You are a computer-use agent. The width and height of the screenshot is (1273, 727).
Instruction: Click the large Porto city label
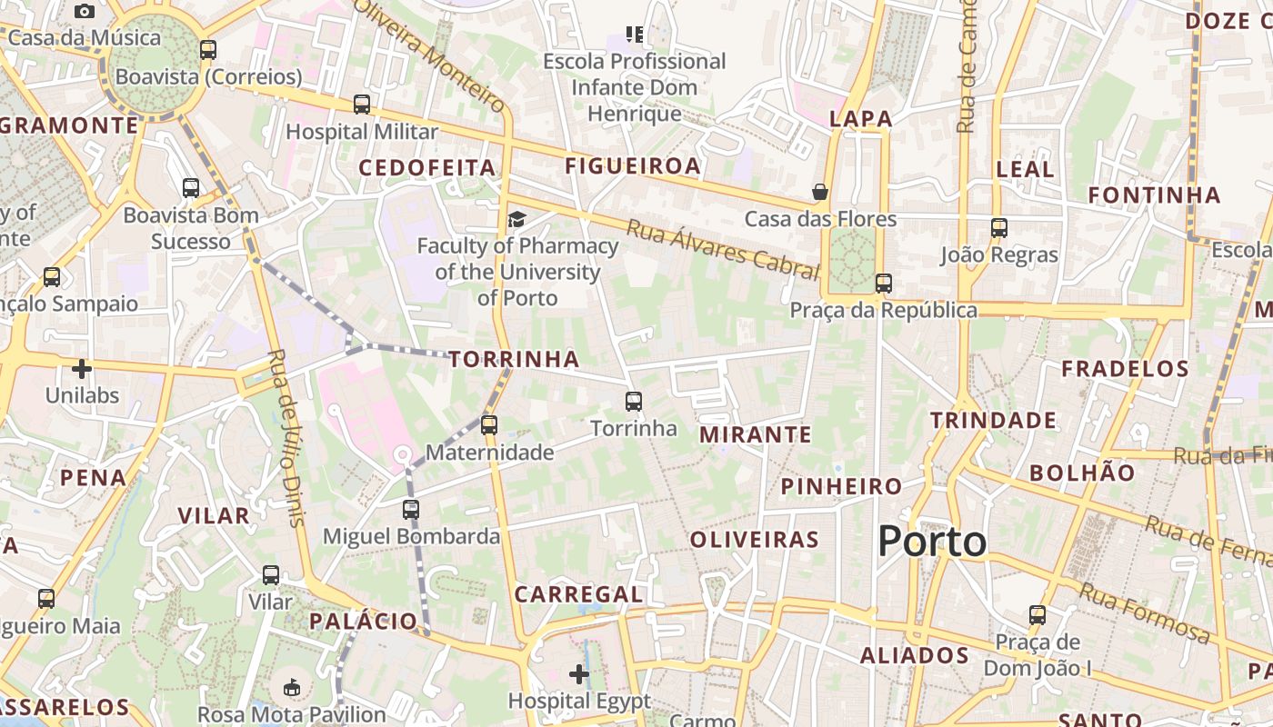[x=932, y=542]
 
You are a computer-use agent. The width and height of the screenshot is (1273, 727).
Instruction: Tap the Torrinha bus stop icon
[x=634, y=401]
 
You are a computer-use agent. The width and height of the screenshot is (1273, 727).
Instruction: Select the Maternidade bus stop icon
[x=489, y=424]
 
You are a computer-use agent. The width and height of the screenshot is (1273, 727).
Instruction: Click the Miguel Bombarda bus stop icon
[x=411, y=509]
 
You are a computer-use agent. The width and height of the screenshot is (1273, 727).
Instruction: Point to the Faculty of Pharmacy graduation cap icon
[x=516, y=219]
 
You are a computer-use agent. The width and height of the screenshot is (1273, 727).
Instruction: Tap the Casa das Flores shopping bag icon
[x=820, y=192]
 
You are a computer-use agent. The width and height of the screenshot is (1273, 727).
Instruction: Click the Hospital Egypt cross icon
[x=579, y=674]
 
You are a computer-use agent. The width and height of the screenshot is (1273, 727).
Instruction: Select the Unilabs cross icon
[x=82, y=369]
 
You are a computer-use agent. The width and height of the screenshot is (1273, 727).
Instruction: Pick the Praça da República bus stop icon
[x=884, y=283]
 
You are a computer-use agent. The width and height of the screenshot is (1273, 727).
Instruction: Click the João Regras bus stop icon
[x=999, y=227]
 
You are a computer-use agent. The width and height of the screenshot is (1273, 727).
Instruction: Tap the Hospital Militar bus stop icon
[x=362, y=105]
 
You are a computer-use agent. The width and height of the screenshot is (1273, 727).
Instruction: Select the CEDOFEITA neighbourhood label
[x=427, y=168]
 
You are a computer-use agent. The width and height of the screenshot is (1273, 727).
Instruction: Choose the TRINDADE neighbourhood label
[x=993, y=420]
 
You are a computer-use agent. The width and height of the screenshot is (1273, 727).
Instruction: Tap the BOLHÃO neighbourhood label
[x=1082, y=473]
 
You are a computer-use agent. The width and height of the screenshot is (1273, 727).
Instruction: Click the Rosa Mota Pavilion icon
[x=292, y=687]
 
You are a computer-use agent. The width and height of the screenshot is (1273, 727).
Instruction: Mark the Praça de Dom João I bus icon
[x=1037, y=615]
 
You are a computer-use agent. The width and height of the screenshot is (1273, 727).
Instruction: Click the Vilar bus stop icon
[x=271, y=575]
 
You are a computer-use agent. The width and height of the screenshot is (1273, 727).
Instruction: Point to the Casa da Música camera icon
[x=85, y=11]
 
